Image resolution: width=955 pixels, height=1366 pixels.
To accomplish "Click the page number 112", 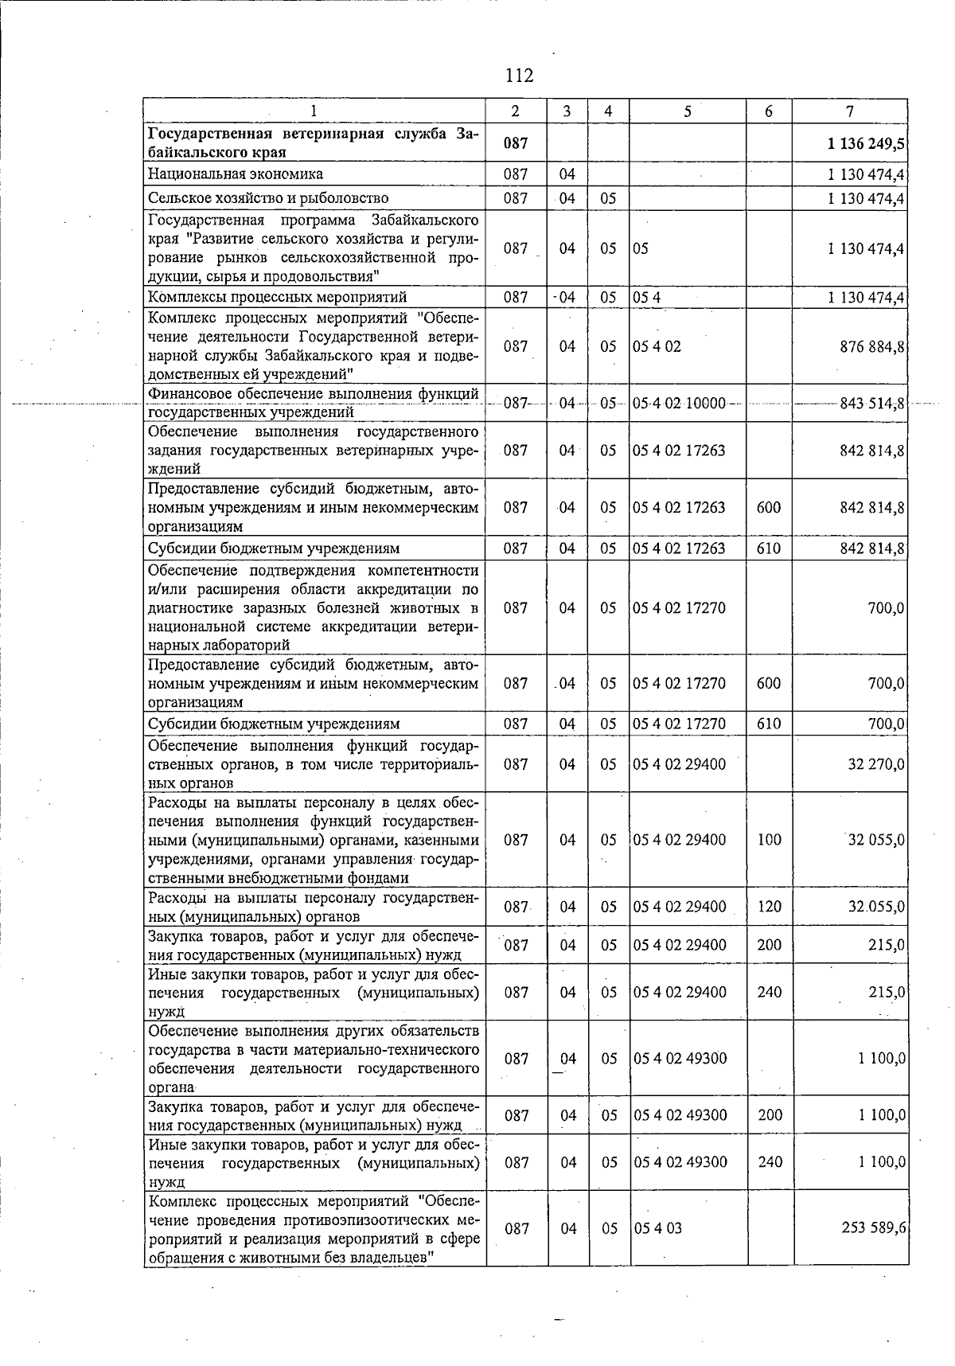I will [519, 76].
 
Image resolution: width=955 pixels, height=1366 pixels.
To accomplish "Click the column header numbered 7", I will [849, 111].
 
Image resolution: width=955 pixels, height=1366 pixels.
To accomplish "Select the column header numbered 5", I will [687, 111].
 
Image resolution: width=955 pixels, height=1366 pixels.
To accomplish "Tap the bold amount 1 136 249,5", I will [866, 143].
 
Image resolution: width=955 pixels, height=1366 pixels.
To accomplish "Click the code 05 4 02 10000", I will [679, 404].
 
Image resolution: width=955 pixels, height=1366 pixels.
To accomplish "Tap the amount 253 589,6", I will [873, 1227].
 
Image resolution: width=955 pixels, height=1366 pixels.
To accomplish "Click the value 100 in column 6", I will [769, 840].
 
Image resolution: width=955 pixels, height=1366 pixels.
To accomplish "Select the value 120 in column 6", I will [769, 907].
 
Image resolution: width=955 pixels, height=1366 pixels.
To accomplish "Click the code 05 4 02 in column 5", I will [657, 347].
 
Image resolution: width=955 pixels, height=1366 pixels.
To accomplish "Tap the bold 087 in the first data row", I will [516, 143].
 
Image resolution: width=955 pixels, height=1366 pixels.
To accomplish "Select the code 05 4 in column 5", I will [647, 298].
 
